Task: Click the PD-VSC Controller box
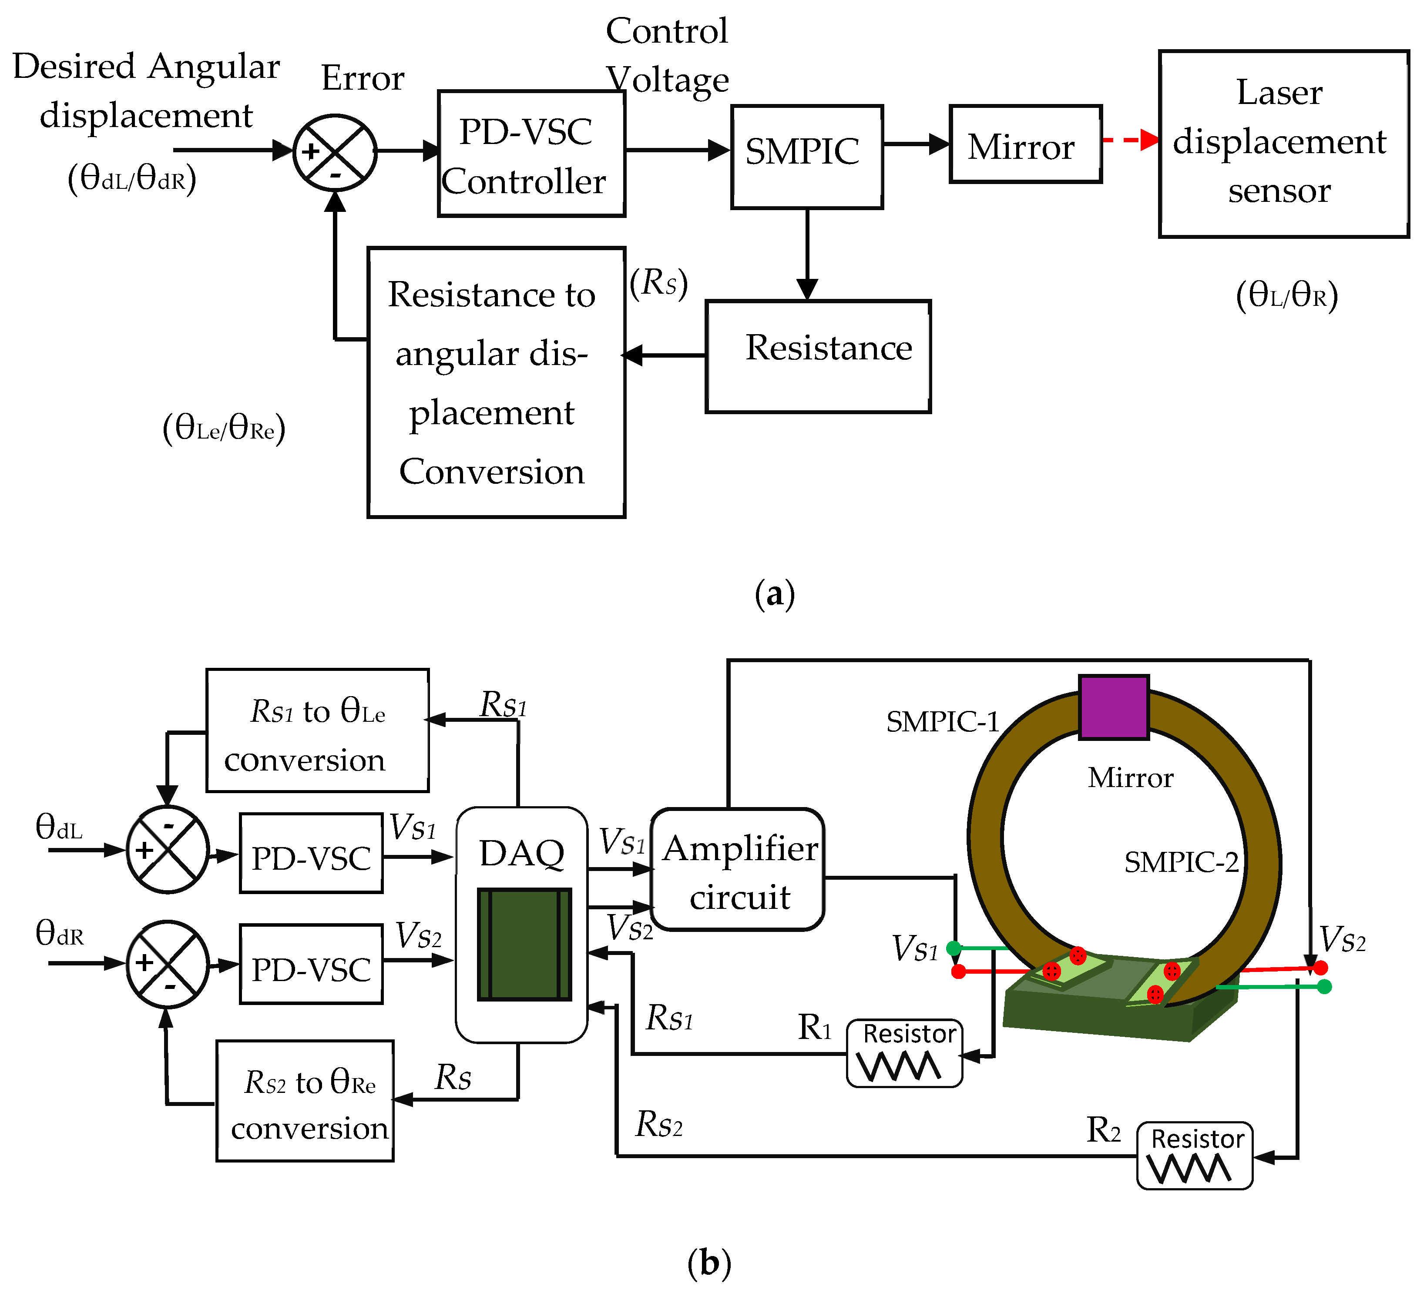pos(531,154)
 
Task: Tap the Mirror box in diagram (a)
pos(1025,144)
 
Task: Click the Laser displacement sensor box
pos(1283,144)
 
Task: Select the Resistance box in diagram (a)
pos(818,356)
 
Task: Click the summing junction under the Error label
pos(335,152)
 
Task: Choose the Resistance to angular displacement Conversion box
pos(496,382)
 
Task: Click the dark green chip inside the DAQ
pos(524,944)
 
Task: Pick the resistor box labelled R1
pos(904,1053)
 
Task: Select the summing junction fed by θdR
pos(168,964)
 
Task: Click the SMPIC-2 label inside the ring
pos(1181,862)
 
